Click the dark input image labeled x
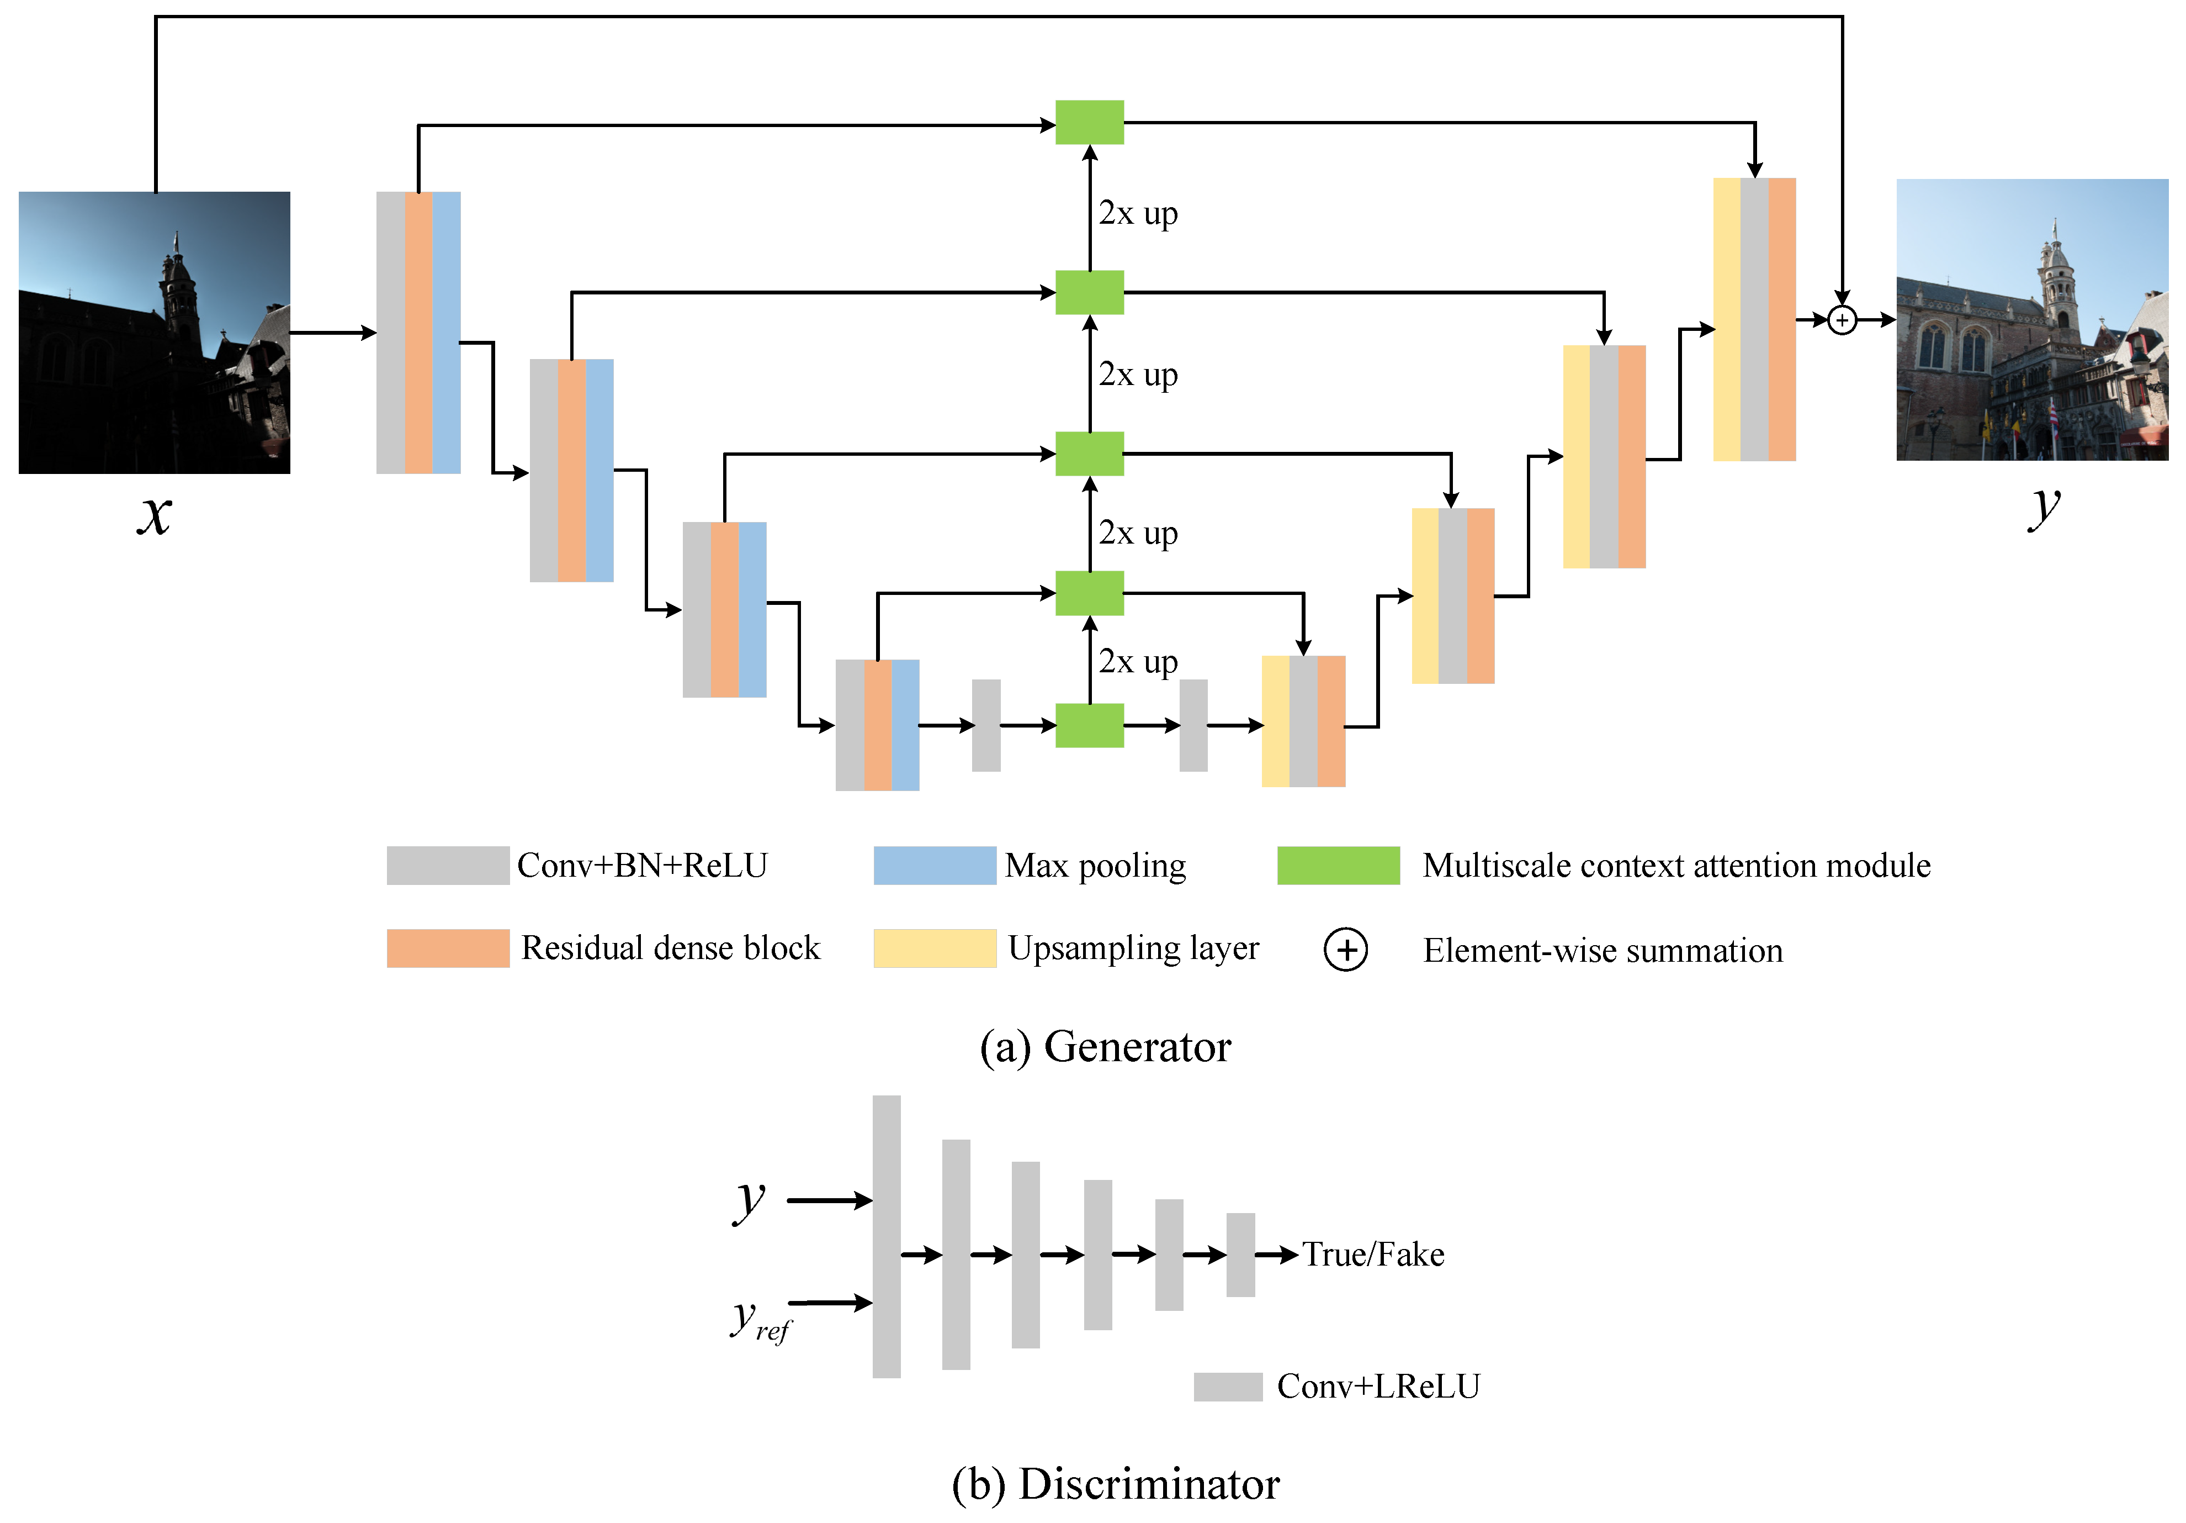[x=154, y=333]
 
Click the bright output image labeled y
[x=2032, y=320]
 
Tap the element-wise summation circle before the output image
[x=1842, y=320]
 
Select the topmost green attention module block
[x=1089, y=123]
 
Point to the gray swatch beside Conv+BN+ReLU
[x=448, y=865]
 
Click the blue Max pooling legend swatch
[x=934, y=865]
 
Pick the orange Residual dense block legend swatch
[x=448, y=948]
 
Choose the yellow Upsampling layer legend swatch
[x=934, y=948]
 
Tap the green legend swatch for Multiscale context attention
[x=1338, y=865]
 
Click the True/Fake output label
[x=1373, y=1255]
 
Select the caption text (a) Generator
[x=1105, y=1047]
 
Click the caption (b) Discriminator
[x=1116, y=1484]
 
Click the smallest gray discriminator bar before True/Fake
[x=1240, y=1255]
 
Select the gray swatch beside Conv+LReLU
[x=1227, y=1387]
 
